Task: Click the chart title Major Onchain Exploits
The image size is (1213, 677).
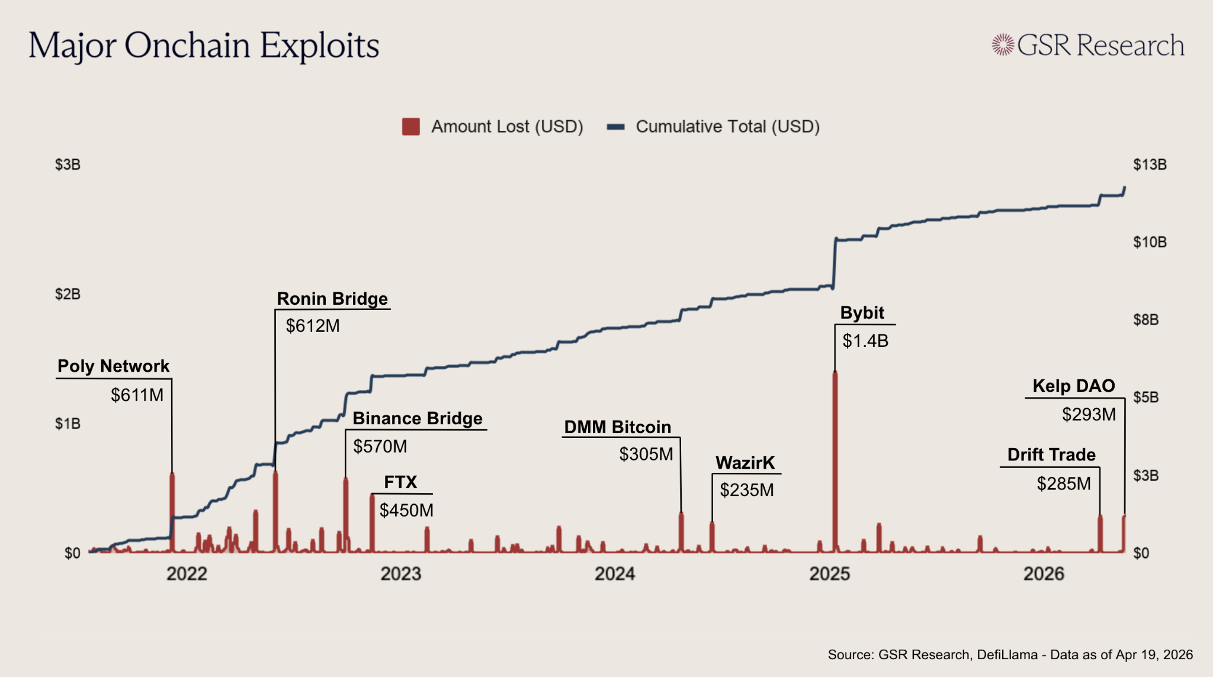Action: click(x=204, y=46)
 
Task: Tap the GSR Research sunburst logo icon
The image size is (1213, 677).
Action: click(x=1003, y=45)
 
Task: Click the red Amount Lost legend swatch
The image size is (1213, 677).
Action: click(x=410, y=127)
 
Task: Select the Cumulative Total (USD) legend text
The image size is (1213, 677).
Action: click(x=727, y=127)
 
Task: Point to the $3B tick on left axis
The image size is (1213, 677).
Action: click(x=68, y=165)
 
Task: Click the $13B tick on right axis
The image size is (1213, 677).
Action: click(x=1150, y=165)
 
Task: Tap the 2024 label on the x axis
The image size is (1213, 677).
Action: click(x=615, y=573)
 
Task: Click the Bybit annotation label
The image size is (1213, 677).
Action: click(x=862, y=313)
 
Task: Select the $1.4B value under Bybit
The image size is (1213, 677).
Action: click(x=865, y=341)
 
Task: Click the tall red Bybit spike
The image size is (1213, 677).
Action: click(x=835, y=462)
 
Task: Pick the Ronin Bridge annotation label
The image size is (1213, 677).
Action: click(x=332, y=299)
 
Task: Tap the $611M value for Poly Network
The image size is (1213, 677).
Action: click(x=137, y=395)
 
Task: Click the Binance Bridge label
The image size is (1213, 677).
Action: click(x=418, y=418)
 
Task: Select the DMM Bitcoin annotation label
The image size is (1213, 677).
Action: click(x=617, y=427)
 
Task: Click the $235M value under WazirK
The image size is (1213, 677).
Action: click(x=746, y=490)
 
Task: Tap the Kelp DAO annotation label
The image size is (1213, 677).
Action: click(x=1073, y=386)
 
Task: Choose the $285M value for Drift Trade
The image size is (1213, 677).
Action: click(x=1063, y=484)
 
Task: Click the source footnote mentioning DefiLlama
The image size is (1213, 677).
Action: click(x=1010, y=655)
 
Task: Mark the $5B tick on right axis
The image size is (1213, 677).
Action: click(x=1145, y=397)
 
